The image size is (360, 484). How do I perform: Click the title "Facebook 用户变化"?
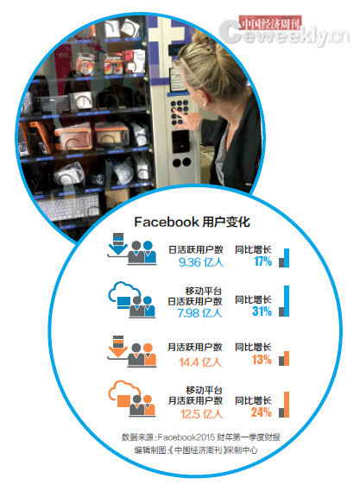coord(192,222)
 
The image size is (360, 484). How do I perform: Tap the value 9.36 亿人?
coord(201,262)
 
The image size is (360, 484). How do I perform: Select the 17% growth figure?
coord(262,261)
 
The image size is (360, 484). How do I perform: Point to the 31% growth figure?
coord(262,311)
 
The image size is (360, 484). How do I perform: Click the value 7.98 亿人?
coord(199,313)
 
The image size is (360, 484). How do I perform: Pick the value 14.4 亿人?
coord(200,362)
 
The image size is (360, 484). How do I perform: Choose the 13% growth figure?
coord(262,360)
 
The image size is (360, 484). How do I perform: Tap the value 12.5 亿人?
coord(201,414)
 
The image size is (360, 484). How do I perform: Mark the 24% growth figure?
coord(262,412)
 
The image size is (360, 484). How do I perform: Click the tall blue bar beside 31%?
coord(287,301)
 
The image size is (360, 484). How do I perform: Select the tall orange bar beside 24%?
coord(287,405)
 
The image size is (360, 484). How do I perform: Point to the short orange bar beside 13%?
coord(287,358)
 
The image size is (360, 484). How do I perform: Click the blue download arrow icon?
coord(117,244)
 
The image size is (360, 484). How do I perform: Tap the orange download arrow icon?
coord(117,346)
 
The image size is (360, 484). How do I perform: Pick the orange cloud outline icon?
coord(123,391)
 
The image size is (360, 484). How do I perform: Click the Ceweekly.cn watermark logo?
coord(284,32)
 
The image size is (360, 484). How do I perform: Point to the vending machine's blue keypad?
coord(180,112)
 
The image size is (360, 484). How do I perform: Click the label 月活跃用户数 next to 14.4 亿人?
coord(195,347)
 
